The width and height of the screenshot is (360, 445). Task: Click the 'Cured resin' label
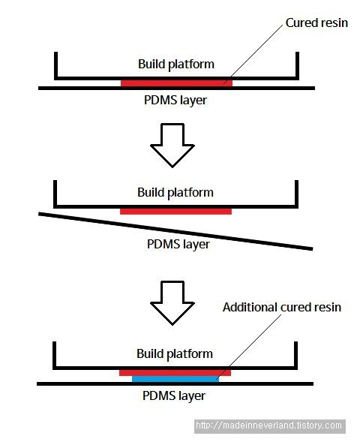click(316, 23)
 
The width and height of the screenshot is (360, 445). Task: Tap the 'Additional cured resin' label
click(282, 308)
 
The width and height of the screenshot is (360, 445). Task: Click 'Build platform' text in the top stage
click(176, 65)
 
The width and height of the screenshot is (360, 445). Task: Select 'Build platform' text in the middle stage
click(175, 193)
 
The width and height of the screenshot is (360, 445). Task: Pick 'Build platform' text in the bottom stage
click(175, 354)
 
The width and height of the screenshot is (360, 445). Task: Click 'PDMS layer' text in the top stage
click(175, 101)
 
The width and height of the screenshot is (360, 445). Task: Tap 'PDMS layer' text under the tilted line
click(178, 245)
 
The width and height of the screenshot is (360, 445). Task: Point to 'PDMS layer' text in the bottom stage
click(174, 396)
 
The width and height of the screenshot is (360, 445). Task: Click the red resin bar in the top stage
click(176, 83)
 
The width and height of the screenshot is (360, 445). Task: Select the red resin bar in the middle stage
click(175, 212)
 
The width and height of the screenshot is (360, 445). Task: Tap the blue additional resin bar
click(175, 379)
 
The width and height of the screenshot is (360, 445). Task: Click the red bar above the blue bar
click(175, 373)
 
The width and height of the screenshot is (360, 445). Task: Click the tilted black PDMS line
click(175, 231)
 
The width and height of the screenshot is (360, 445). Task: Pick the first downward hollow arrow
click(172, 146)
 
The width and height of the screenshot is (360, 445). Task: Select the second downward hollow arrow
click(172, 303)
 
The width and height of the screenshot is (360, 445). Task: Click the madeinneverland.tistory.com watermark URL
click(269, 425)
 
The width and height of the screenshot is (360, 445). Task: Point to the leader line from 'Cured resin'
click(253, 54)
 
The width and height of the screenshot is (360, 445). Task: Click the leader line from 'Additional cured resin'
click(248, 347)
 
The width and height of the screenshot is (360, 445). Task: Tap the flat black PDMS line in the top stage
click(176, 89)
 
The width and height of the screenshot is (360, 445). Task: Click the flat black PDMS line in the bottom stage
click(175, 384)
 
